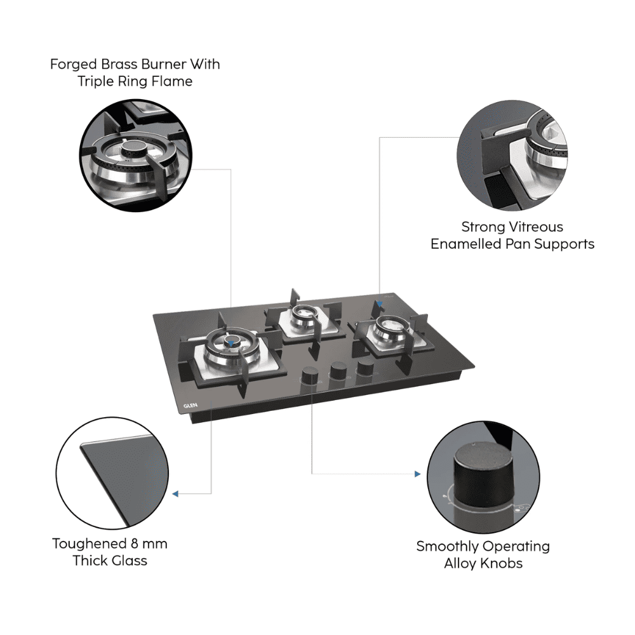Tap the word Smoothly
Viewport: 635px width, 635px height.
448,546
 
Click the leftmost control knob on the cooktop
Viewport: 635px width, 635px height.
311,375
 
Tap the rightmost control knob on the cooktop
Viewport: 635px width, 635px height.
365,367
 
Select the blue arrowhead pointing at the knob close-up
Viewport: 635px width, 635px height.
417,474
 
